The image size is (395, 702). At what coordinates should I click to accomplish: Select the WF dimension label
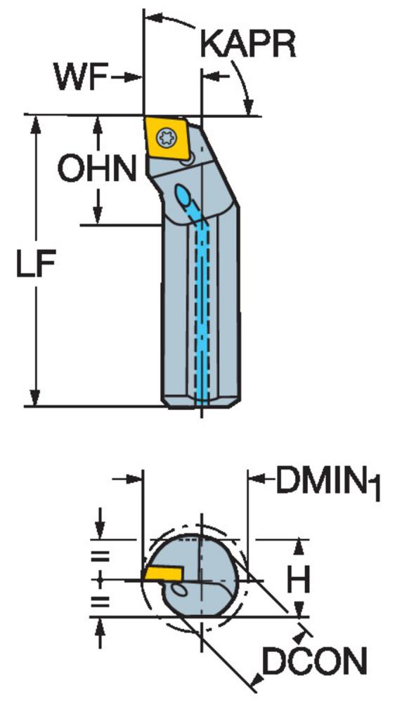(81, 77)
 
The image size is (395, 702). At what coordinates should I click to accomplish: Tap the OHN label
(97, 169)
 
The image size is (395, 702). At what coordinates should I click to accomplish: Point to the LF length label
(36, 264)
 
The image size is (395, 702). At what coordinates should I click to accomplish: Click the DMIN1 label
(328, 483)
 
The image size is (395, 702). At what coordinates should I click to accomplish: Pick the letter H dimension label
(299, 580)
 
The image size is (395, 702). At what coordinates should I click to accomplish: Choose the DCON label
(314, 661)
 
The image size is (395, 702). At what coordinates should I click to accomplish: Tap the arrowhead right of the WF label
(133, 77)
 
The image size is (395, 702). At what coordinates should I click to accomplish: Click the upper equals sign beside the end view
(101, 557)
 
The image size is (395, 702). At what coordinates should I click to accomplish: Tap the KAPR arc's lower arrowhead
(248, 107)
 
